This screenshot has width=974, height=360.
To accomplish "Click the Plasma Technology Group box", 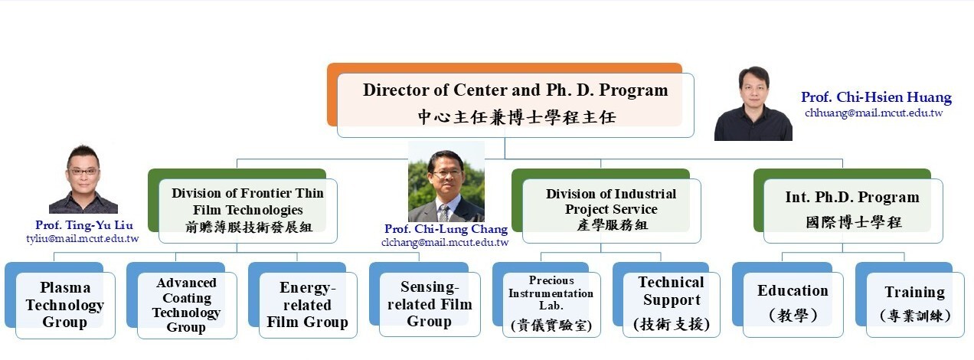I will coord(64,305).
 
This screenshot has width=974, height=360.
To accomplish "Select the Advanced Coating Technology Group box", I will coord(186,305).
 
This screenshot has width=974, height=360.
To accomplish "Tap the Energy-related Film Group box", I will coord(307,305).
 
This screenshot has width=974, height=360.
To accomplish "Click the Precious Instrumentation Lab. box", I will coord(551,303).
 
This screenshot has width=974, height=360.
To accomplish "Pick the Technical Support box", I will coord(672,303).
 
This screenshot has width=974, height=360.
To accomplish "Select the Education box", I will coord(793,303).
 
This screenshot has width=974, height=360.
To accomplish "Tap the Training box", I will coord(914,303).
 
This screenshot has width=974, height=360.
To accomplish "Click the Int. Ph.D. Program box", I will coord(852,210).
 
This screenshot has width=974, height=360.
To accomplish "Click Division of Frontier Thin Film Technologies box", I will coord(247,210).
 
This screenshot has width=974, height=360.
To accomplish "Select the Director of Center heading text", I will coord(515,90).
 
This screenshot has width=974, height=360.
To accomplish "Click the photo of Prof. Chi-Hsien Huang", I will coord(753,103).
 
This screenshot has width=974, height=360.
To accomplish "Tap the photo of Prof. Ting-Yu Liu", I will coord(83,179).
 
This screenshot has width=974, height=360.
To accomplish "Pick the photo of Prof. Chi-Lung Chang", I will coord(446,182).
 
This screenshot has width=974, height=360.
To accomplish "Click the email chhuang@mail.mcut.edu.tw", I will coord(874,113).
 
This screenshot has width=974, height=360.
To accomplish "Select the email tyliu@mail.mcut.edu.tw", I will coord(83,239).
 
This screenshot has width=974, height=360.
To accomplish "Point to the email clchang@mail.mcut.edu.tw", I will coord(445,243).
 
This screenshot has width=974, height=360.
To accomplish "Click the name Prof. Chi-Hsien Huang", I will coord(876,97).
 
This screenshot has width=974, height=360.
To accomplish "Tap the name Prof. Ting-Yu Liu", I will coord(84,225).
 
